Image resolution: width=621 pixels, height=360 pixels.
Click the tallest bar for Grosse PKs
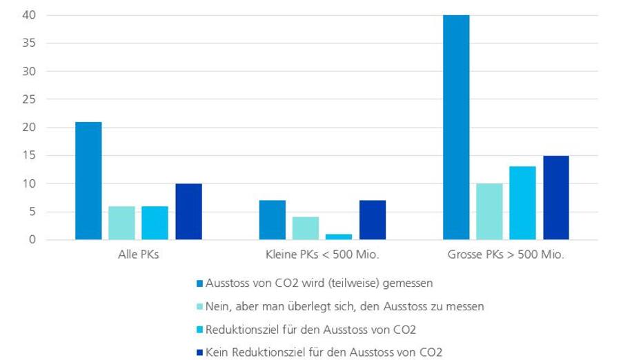tap(456, 128)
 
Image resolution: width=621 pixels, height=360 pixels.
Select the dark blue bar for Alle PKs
tap(188, 212)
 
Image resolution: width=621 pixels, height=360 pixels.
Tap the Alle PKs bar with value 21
tap(88, 181)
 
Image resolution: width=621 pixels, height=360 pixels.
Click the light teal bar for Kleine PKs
tap(305, 228)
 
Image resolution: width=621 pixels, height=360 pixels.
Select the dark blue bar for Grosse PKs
tap(556, 198)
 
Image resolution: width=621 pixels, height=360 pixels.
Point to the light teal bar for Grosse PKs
tap(489, 212)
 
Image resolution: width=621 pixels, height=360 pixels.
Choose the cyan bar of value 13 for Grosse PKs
tap(522, 203)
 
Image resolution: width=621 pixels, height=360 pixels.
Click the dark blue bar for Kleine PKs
tap(373, 220)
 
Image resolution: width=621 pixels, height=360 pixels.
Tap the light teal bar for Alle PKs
tap(121, 223)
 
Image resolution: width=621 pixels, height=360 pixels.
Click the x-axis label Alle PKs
tap(138, 255)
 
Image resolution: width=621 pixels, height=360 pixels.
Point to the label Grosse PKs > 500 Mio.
tap(506, 255)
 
